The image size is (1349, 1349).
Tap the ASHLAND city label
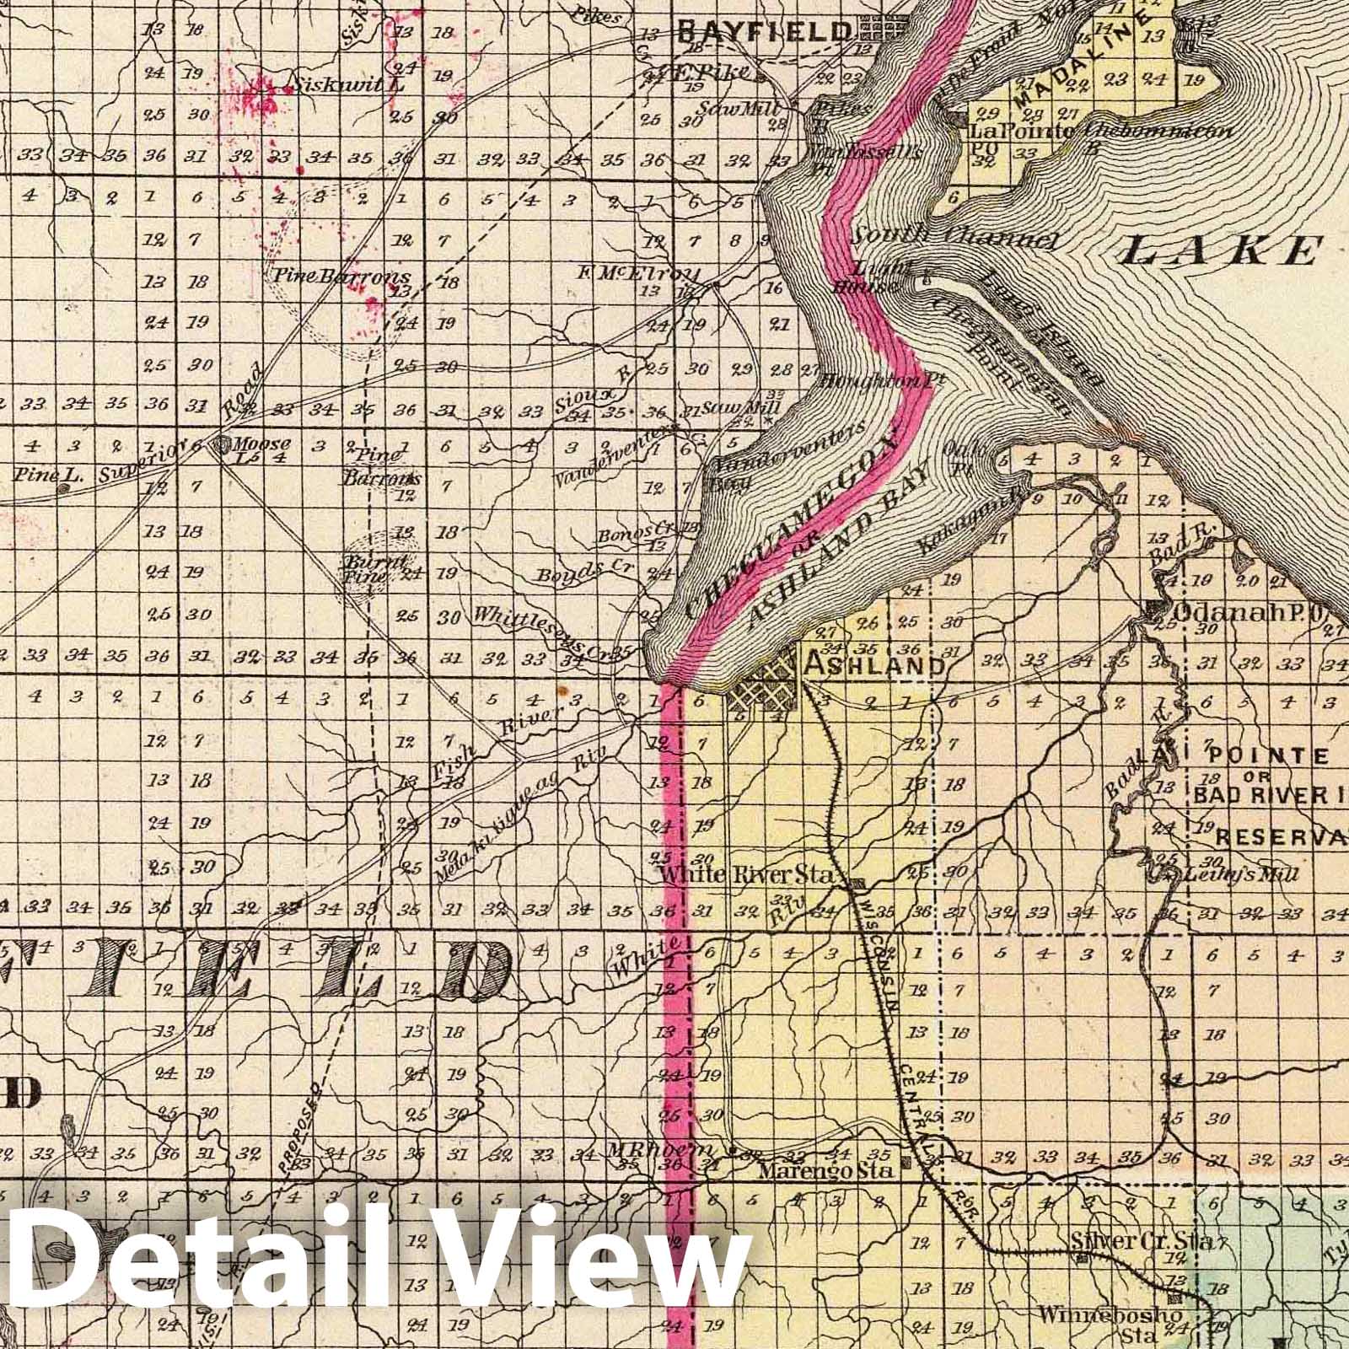click(x=874, y=665)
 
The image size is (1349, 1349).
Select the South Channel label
click(x=953, y=238)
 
